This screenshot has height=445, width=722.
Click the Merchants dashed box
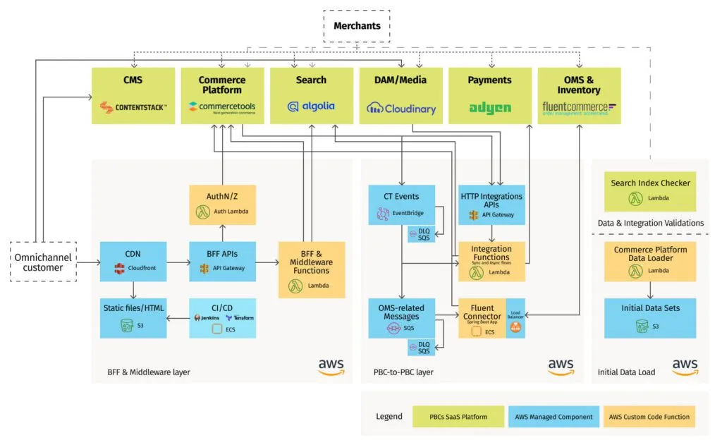tap(357, 26)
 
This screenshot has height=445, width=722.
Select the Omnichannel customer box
tap(44, 262)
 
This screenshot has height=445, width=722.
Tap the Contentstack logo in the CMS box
tap(133, 107)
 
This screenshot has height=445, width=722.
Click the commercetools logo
tap(222, 107)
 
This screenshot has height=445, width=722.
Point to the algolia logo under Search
tap(311, 106)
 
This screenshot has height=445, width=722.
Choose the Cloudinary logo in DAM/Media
tap(401, 109)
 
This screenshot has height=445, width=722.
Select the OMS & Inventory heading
tap(579, 85)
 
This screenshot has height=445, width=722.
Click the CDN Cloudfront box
tap(133, 262)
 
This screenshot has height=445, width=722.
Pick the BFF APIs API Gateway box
tap(222, 262)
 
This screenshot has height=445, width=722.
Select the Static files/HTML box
tap(133, 317)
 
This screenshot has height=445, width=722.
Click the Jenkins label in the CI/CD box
tap(207, 317)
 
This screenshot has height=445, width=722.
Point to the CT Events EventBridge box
tap(401, 204)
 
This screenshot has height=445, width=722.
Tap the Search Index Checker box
tap(650, 190)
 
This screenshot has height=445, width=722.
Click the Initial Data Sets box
tap(650, 317)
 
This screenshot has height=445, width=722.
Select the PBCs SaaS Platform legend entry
tap(458, 417)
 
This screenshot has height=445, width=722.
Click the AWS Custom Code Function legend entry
tap(649, 417)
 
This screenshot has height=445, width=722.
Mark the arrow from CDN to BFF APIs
tap(178, 262)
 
